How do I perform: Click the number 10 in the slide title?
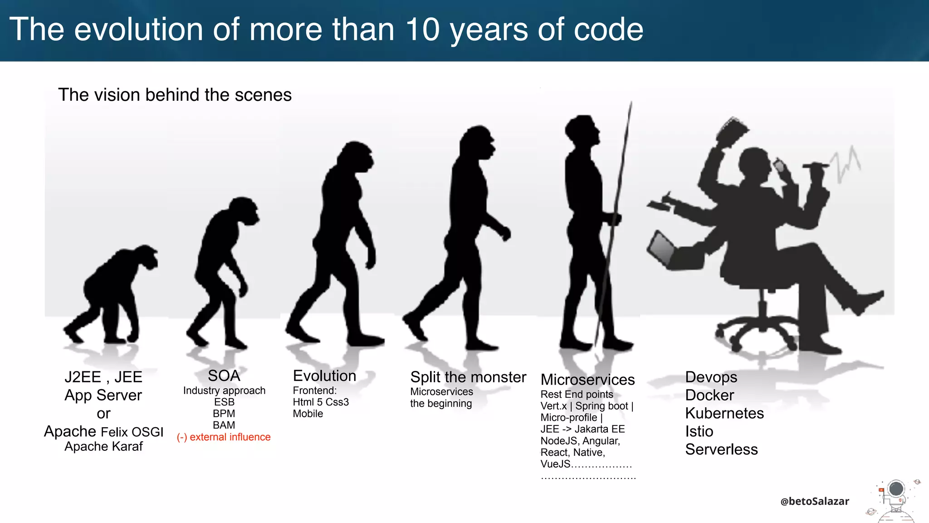[x=422, y=30]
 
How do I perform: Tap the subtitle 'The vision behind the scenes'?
[x=175, y=95]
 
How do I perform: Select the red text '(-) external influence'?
[x=224, y=437]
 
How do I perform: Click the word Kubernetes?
[x=724, y=413]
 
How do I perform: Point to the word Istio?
[x=699, y=431]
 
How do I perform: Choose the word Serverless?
[x=721, y=449]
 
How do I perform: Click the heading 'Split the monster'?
[x=468, y=377]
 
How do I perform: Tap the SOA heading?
[x=224, y=376]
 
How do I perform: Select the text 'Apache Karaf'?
[x=103, y=447]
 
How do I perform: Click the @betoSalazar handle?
[x=815, y=501]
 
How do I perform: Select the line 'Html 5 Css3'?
[x=321, y=402]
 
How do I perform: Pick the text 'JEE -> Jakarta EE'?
[x=582, y=429]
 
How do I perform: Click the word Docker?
[x=709, y=395]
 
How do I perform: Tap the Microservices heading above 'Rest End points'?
[x=587, y=380]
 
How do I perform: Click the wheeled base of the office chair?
[x=758, y=331]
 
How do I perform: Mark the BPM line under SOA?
[x=224, y=414]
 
